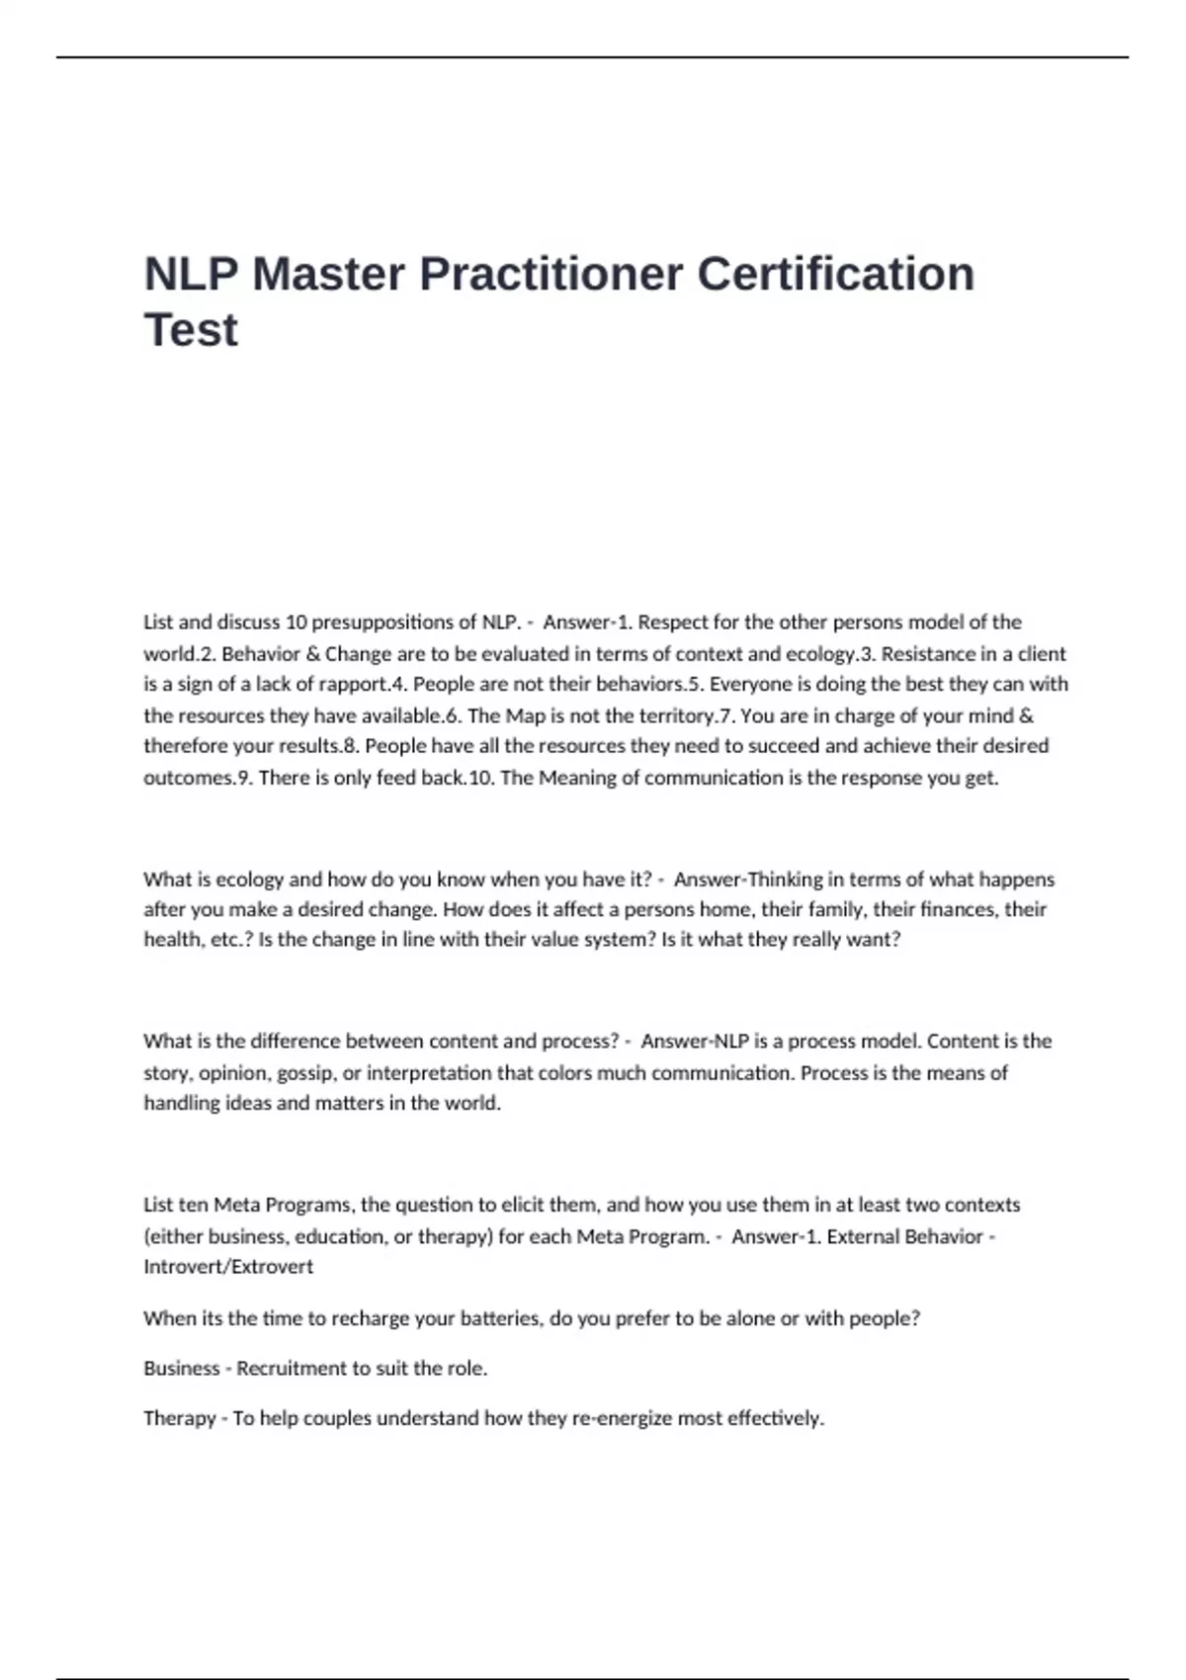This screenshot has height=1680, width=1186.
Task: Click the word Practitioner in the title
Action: [x=551, y=274]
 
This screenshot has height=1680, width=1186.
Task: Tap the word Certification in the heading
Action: [x=836, y=274]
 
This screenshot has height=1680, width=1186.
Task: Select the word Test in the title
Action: [x=191, y=330]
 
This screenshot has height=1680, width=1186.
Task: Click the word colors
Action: [x=566, y=1073]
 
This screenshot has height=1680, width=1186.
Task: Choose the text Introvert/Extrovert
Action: [x=228, y=1267]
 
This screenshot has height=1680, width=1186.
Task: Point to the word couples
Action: [x=336, y=1419]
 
